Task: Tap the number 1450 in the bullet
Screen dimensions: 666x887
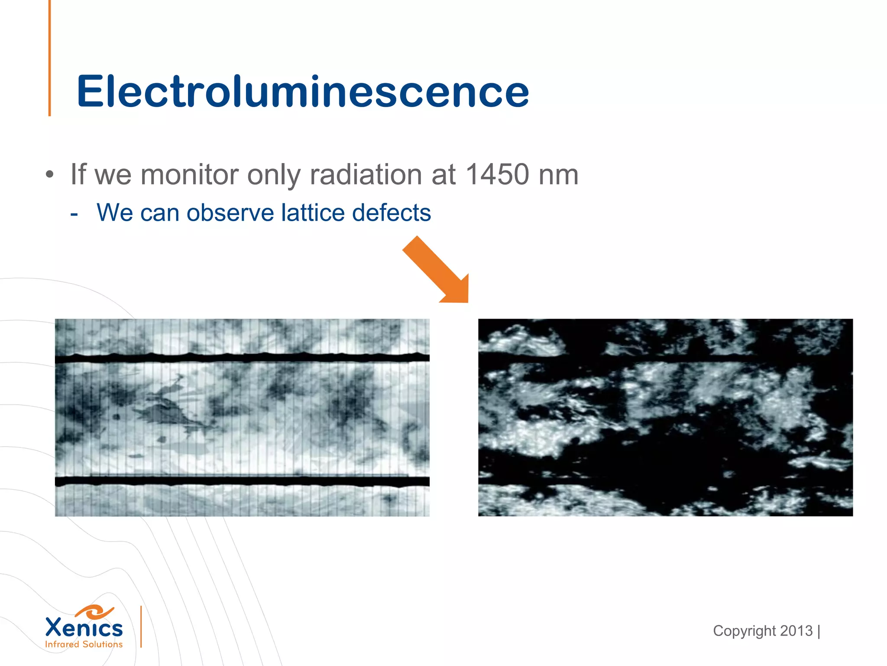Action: [x=498, y=175]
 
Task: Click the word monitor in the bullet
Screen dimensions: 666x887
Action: [x=190, y=175]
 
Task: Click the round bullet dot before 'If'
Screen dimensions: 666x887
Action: [x=50, y=175]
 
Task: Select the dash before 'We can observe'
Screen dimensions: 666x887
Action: [x=74, y=214]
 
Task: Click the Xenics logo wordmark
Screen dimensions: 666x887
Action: [x=84, y=628]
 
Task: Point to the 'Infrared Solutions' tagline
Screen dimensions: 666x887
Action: [x=84, y=644]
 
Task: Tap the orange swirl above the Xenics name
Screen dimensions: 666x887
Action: [x=94, y=612]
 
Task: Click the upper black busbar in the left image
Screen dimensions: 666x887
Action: [x=242, y=358]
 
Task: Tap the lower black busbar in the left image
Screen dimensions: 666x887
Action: [x=242, y=481]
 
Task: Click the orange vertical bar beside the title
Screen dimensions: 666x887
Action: [x=50, y=58]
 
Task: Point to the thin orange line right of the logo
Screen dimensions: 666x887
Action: [x=141, y=627]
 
